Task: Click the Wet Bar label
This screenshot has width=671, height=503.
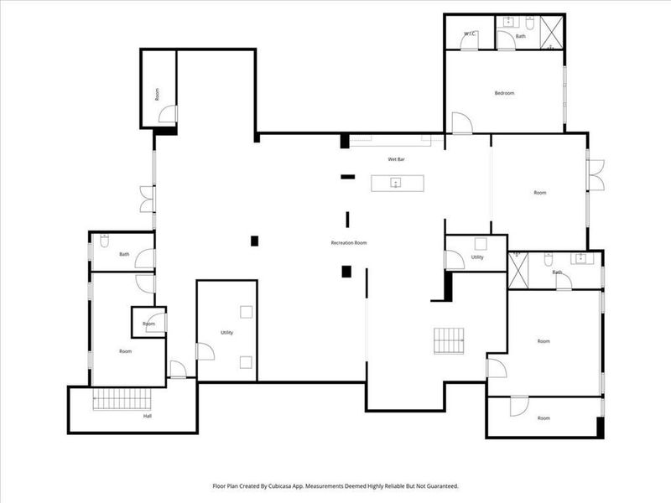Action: click(397, 158)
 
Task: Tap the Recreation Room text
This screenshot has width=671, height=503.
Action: click(349, 243)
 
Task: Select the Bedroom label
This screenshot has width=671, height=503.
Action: click(504, 93)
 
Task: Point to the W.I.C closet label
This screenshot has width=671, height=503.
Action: click(470, 34)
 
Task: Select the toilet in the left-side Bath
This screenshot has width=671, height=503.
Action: click(103, 242)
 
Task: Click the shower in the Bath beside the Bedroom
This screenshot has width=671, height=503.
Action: click(551, 34)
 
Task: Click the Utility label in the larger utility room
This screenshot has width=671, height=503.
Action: click(226, 333)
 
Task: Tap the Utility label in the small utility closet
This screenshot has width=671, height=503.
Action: click(477, 257)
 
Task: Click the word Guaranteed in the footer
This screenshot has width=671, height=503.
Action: click(440, 485)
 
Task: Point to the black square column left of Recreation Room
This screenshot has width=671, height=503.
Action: click(255, 241)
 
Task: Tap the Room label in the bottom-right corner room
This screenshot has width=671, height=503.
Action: click(544, 417)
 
